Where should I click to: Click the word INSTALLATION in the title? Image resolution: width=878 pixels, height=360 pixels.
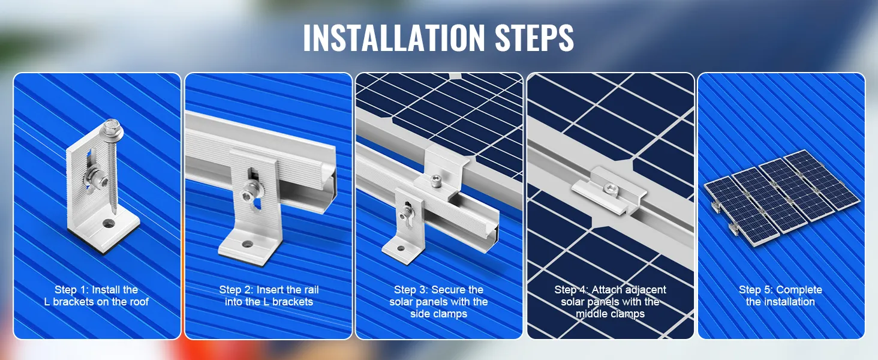(x=394, y=38)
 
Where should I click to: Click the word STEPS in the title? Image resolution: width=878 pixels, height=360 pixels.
(x=534, y=38)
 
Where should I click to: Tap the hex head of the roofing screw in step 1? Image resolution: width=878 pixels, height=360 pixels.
(x=112, y=127)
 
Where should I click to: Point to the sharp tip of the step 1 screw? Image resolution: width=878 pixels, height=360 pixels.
(x=115, y=213)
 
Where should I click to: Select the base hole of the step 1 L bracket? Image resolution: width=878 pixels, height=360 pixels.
(x=109, y=224)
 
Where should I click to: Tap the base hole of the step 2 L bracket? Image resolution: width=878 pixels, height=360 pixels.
(x=247, y=244)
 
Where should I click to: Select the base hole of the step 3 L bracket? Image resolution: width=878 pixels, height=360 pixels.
(x=401, y=248)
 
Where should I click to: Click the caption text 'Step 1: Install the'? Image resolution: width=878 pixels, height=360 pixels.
(x=97, y=290)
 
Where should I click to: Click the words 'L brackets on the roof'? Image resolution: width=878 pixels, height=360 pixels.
(x=97, y=302)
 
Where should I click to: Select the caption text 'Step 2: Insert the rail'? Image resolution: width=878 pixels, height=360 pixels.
(x=269, y=290)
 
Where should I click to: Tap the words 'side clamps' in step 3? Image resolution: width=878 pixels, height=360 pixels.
(x=438, y=314)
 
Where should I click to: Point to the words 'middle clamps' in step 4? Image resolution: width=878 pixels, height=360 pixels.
(x=611, y=314)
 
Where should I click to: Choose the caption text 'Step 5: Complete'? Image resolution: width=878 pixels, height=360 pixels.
(x=780, y=290)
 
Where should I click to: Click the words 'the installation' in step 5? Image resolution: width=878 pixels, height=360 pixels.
(x=780, y=302)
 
